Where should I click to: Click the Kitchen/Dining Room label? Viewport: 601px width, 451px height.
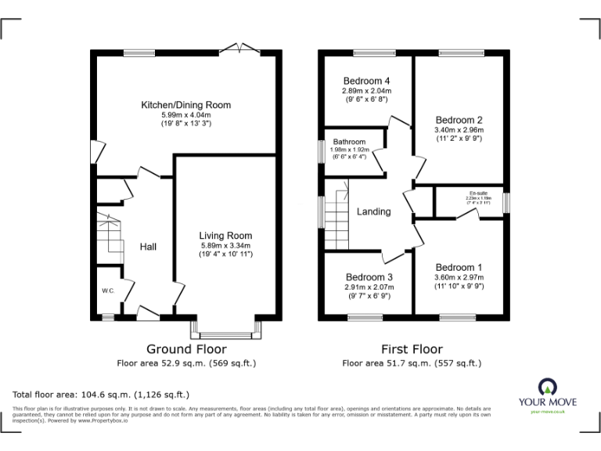[x=185, y=104]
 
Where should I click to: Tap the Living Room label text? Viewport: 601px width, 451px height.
[x=225, y=235]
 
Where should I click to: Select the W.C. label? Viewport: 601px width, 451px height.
[x=108, y=291]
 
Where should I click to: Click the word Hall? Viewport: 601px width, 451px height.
[x=148, y=247]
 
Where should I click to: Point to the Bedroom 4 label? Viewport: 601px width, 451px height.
[x=366, y=81]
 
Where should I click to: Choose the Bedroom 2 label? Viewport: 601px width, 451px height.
[x=459, y=120]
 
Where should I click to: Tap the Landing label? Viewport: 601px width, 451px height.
[x=373, y=211]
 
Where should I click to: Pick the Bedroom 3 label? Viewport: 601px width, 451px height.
[x=369, y=277]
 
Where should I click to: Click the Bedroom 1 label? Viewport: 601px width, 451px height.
[x=459, y=267]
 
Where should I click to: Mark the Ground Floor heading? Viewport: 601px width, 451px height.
[x=186, y=349]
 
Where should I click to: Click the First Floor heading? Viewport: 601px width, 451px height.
[x=412, y=349]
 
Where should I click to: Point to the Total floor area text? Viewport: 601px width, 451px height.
[x=101, y=394]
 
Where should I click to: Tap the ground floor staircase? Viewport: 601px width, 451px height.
[x=109, y=235]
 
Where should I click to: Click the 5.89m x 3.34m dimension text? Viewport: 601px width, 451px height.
[x=225, y=245]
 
